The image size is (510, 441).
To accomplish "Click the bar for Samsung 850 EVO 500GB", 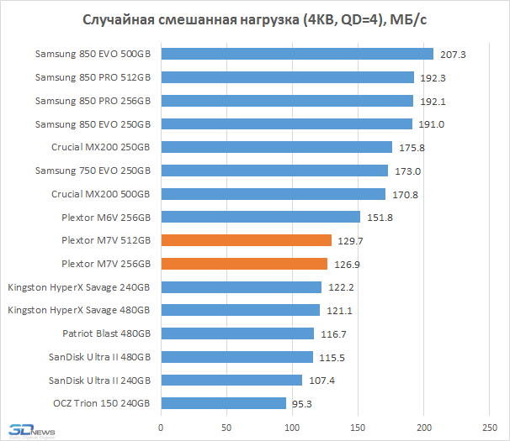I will pos(296,54).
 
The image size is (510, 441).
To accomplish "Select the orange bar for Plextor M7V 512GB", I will pos(246,240).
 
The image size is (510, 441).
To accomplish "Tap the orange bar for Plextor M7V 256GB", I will pos(244,264).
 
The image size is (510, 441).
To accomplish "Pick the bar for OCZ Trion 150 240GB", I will pos(223,403).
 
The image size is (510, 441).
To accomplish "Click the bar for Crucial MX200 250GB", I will pos(276,147).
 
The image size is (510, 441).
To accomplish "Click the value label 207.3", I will pos(453,55).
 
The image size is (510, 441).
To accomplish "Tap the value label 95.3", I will pos(303,404).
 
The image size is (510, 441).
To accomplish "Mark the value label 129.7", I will pos(351,241).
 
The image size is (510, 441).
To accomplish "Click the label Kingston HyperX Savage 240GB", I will pos(80,287).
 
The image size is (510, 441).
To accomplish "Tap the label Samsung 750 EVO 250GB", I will pos(93,171).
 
